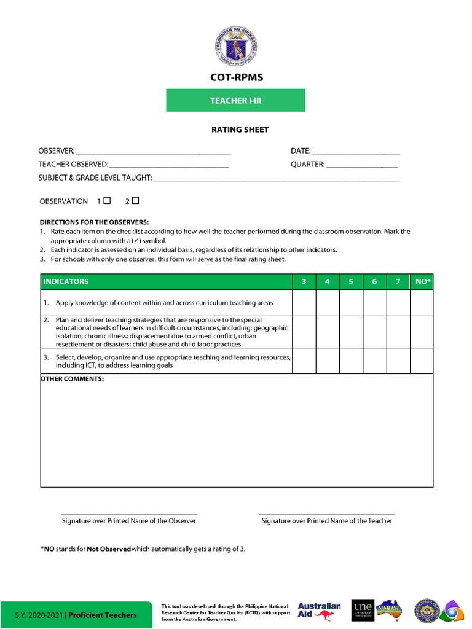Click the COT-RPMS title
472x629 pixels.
[235, 77]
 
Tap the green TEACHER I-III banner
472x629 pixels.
[235, 100]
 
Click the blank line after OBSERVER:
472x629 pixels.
[154, 152]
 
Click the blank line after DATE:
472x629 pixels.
[356, 152]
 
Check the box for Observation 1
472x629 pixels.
[107, 200]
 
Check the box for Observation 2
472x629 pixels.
[135, 200]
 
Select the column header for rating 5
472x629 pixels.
[351, 281]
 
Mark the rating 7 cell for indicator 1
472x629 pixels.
[398, 303]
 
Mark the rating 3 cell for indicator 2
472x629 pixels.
[304, 332]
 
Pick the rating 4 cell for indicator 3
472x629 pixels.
[327, 361]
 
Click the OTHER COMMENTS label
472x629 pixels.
[73, 379]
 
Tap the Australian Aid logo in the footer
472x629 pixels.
[319, 611]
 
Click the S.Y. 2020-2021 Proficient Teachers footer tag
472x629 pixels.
[76, 615]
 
